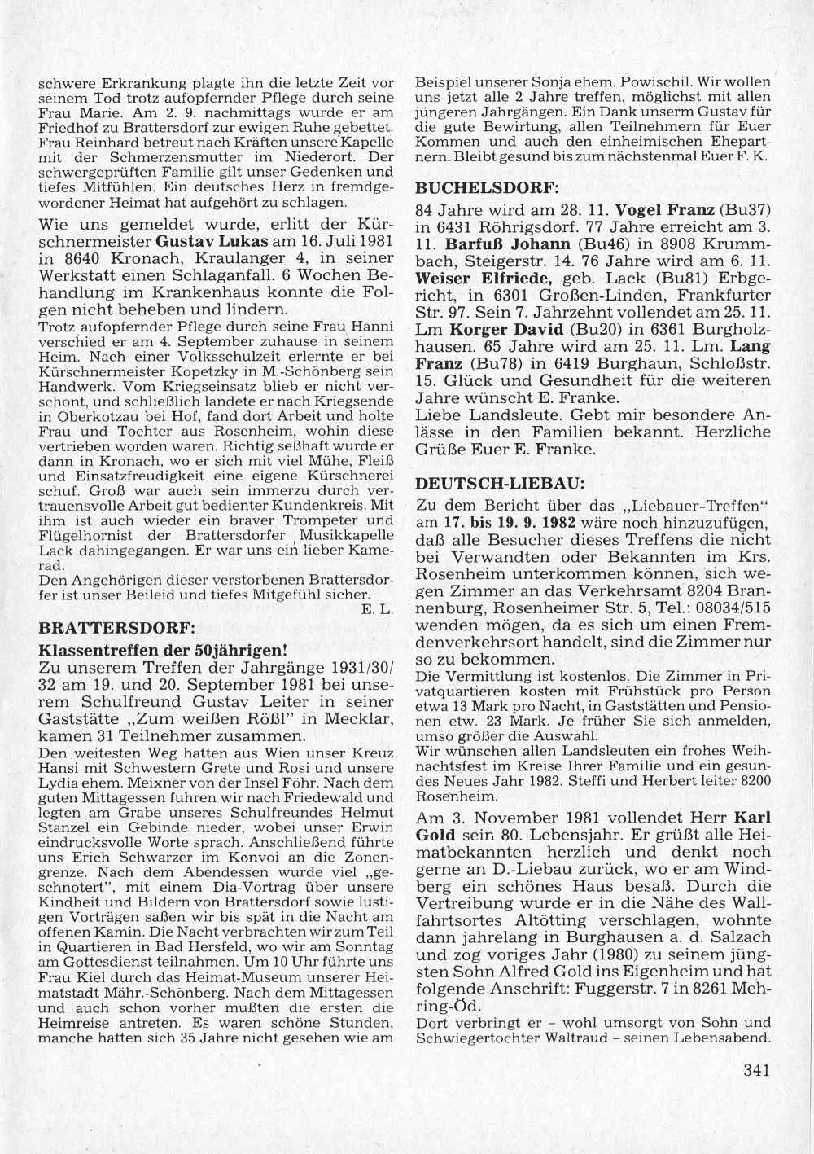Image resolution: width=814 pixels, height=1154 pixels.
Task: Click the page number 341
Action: click(x=756, y=1070)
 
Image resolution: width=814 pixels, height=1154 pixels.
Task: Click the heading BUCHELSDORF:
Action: click(x=487, y=186)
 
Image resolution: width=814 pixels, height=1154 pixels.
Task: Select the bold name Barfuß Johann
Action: click(x=495, y=244)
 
